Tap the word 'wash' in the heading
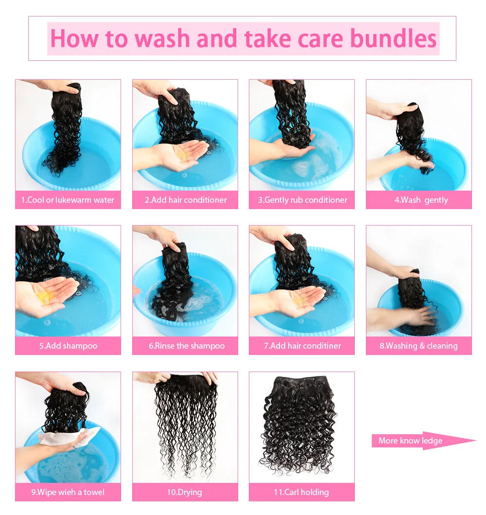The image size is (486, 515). (x=162, y=39)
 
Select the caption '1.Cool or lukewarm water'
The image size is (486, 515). (x=68, y=200)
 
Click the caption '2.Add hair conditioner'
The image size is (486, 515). (x=186, y=200)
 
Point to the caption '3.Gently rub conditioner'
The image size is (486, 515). (x=302, y=200)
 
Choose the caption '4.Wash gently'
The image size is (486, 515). (x=421, y=200)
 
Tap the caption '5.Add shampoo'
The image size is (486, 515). (x=68, y=346)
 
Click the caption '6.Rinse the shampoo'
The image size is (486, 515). (x=187, y=346)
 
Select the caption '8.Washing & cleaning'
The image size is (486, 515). (x=418, y=346)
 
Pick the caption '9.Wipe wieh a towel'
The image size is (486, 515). (x=68, y=492)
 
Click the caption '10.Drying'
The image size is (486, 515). (x=184, y=492)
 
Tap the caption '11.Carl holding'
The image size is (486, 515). (x=301, y=492)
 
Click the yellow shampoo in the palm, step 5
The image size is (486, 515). (x=46, y=296)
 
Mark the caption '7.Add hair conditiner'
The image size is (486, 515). (x=302, y=346)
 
